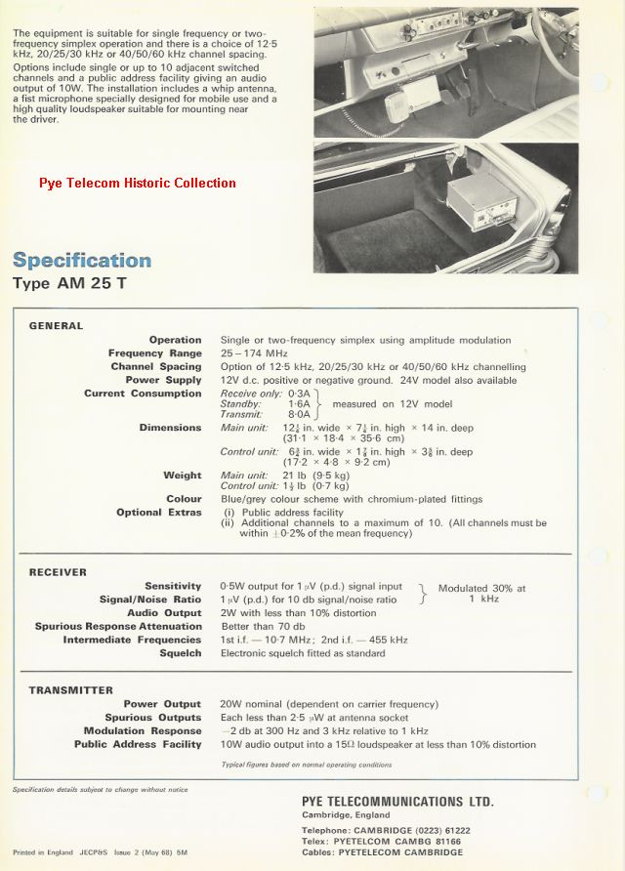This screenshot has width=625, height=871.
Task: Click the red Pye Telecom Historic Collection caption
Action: (138, 183)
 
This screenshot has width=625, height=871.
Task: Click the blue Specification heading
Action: (82, 261)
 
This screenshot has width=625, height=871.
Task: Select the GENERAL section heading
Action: (57, 326)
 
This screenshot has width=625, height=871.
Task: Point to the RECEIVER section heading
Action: (58, 572)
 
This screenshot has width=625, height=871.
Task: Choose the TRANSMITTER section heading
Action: (71, 690)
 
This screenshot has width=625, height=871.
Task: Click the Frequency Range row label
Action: (155, 353)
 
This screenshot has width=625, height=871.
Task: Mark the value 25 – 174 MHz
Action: (255, 353)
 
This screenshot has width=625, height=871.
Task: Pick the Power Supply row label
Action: (163, 380)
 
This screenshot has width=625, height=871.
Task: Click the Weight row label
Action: (183, 476)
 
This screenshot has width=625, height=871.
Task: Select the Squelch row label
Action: (181, 653)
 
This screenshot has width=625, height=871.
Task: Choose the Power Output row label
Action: (162, 704)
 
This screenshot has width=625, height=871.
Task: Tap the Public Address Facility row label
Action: (138, 744)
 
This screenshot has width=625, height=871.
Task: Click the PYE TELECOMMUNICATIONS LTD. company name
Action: (397, 802)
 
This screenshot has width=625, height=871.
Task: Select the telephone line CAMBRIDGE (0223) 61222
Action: (386, 830)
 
